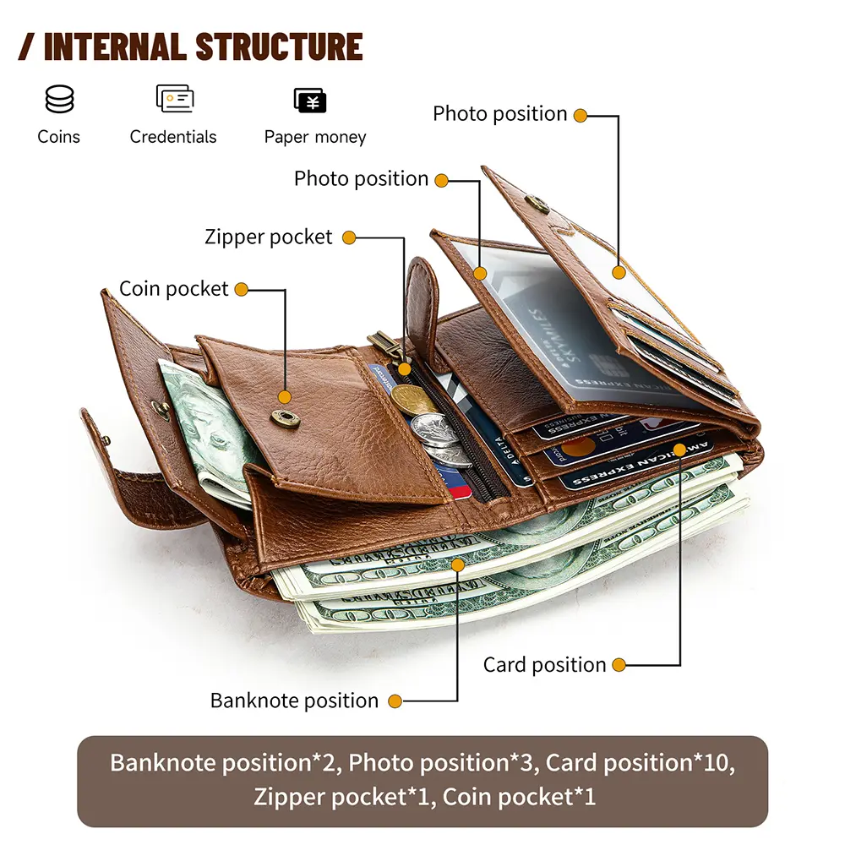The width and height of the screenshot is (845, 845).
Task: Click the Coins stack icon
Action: click(x=59, y=100)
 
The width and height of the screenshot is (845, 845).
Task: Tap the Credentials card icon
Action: click(x=175, y=99)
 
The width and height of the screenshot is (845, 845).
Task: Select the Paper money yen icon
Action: click(x=310, y=101)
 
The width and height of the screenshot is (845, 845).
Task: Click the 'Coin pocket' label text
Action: click(x=173, y=289)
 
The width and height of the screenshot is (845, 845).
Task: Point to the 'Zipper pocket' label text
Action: click(x=269, y=237)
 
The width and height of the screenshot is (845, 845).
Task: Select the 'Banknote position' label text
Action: click(x=294, y=701)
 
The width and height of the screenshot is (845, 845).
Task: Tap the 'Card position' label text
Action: click(x=544, y=665)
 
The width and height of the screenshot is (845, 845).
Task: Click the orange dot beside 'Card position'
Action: click(x=619, y=665)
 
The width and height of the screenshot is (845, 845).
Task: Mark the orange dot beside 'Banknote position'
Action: click(x=395, y=701)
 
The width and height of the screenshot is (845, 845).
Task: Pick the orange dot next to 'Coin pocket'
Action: click(x=242, y=289)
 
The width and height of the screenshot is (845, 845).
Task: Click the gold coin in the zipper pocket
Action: click(x=420, y=399)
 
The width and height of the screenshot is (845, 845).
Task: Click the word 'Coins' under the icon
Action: click(x=59, y=137)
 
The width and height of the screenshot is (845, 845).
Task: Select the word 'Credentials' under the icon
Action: click(x=173, y=137)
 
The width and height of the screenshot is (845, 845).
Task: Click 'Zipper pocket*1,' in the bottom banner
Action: click(x=342, y=797)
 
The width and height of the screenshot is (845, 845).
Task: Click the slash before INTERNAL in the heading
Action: click(x=28, y=46)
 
